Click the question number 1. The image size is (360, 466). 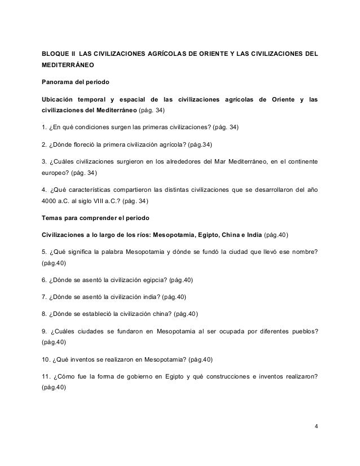point(45,128)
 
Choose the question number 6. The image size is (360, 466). point(45,280)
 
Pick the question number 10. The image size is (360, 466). point(47,359)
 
